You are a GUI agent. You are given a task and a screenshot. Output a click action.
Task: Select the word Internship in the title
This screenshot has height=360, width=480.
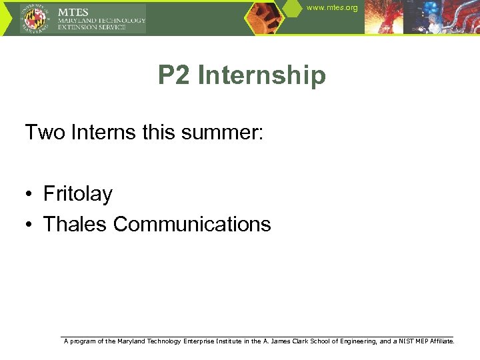pyautogui.click(x=262, y=75)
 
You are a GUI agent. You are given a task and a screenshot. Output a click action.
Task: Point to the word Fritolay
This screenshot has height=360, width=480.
pyautogui.click(x=78, y=194)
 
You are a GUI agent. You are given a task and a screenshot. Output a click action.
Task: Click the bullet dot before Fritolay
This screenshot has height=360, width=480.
pyautogui.click(x=31, y=195)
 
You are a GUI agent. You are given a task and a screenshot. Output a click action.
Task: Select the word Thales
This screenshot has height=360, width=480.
pyautogui.click(x=75, y=224)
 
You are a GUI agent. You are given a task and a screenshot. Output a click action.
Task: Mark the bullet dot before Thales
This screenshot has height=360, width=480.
pyautogui.click(x=31, y=225)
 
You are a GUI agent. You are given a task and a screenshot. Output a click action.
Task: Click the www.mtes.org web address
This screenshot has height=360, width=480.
pyautogui.click(x=332, y=8)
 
